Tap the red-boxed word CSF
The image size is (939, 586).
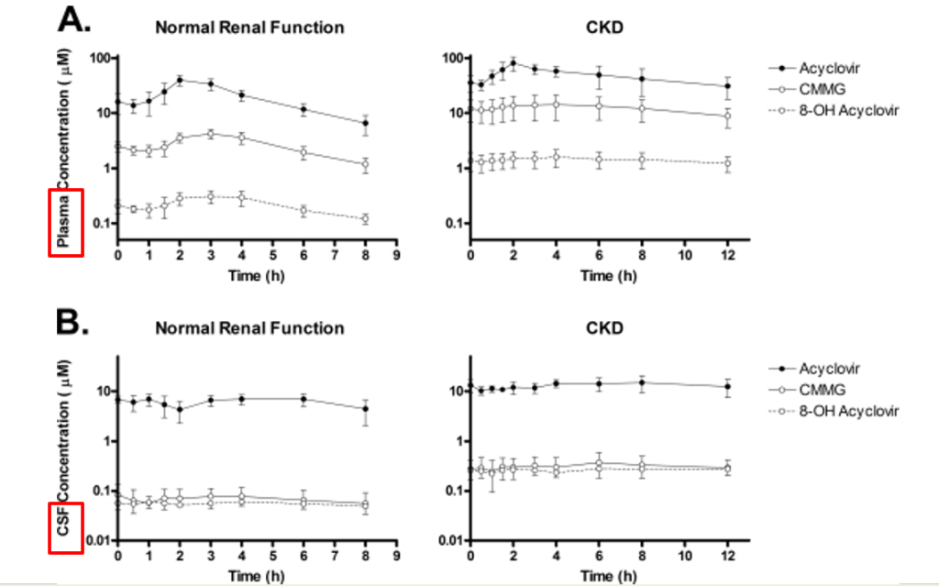coord(65,526)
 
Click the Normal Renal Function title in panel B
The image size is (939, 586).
coord(249,328)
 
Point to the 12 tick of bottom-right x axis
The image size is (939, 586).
coord(728,556)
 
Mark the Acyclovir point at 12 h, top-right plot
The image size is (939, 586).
coord(728,86)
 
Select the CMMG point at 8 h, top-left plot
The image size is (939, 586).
coord(365,165)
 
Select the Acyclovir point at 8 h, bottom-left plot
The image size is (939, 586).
coord(365,409)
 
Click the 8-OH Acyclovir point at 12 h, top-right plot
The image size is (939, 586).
coord(728,163)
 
